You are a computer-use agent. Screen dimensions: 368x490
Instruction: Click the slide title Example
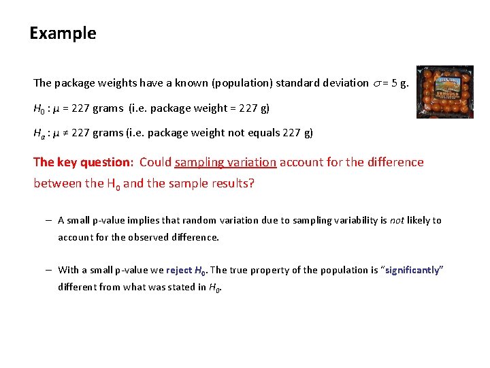click(63, 33)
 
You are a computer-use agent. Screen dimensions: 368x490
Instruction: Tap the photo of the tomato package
click(444, 92)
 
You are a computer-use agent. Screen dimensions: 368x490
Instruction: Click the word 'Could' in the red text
click(155, 162)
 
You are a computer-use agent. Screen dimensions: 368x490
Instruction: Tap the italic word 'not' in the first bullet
click(397, 220)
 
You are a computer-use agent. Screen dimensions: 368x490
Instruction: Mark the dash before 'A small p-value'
click(50, 220)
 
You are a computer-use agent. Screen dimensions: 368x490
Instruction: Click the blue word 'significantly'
click(412, 270)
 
